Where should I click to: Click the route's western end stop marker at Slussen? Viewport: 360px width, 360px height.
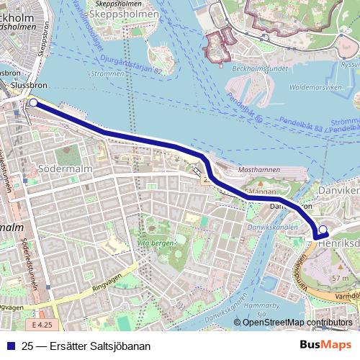click(32, 103)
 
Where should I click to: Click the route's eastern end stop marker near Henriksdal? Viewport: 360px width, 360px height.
click(323, 230)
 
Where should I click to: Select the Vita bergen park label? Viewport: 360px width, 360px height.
click(156, 245)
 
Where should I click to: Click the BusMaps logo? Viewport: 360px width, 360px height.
click(326, 346)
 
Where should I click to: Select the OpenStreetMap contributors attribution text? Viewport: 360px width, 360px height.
click(297, 323)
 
